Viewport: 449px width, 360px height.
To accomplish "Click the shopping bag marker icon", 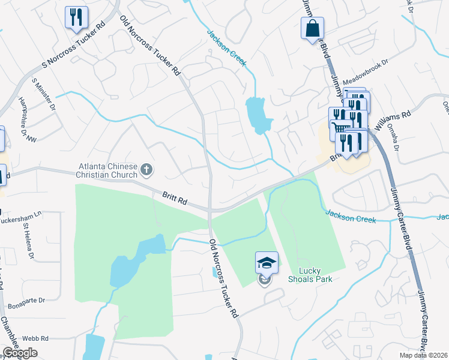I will (x=313, y=28).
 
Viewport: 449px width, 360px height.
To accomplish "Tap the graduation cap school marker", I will (x=267, y=262).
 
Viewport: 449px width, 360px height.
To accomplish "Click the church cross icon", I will (x=146, y=170).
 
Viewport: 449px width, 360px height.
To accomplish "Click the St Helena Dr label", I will (x=29, y=240).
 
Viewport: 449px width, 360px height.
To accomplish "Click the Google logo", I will (x=20, y=353).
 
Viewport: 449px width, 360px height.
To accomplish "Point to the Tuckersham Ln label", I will (x=21, y=214).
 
